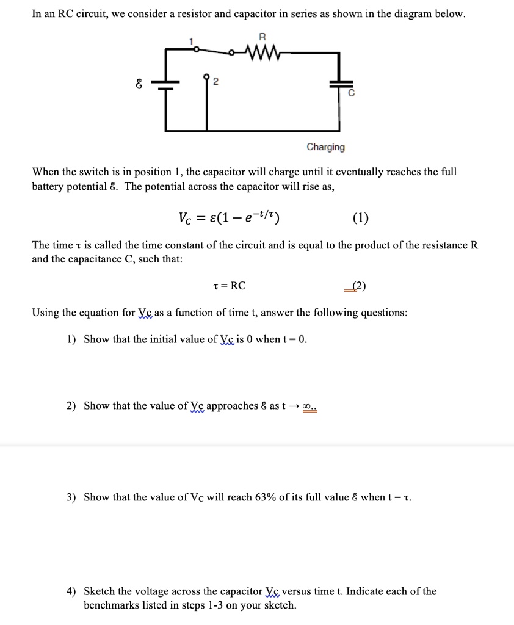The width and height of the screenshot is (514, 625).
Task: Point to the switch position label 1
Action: point(191,41)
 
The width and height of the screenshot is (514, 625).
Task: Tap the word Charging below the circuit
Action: point(325,147)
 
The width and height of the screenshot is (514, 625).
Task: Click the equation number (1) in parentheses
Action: point(361,219)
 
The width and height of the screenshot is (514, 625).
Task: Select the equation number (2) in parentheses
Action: point(356,286)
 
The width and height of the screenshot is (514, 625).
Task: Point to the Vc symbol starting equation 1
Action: point(185,219)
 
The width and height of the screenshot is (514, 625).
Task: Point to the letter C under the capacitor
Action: point(350,95)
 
